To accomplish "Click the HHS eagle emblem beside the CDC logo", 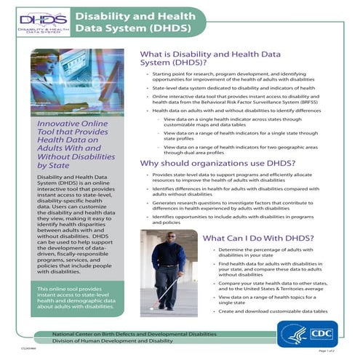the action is pos(289,333).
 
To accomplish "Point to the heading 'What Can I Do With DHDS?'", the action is pos(257,237).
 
